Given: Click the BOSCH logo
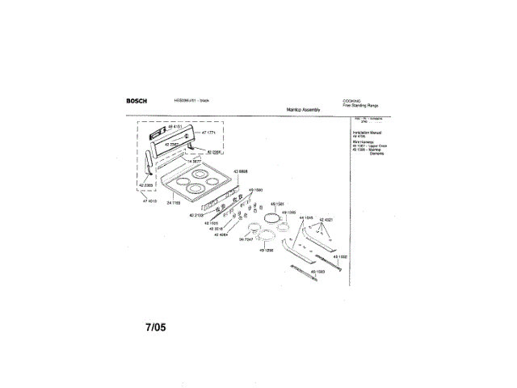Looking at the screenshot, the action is [138, 100].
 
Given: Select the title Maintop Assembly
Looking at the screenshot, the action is [304, 109].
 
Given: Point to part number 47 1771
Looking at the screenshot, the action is [209, 133].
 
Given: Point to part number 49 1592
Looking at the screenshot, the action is [339, 256].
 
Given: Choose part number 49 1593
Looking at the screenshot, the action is [316, 272].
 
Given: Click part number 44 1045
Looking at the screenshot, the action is [308, 218].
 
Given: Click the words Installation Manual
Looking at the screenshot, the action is [367, 131].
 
